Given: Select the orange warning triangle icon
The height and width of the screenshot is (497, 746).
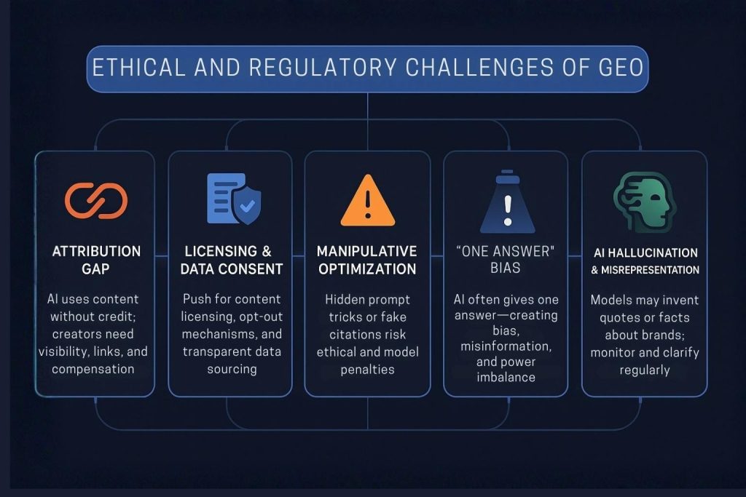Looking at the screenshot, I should pyautogui.click(x=367, y=200).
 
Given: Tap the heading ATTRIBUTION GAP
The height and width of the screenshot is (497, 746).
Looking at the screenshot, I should pyautogui.click(x=95, y=260).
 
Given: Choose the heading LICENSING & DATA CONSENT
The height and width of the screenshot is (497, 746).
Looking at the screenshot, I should pyautogui.click(x=229, y=260).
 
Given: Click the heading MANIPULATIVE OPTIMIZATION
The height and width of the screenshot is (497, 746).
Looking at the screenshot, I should pyautogui.click(x=367, y=260).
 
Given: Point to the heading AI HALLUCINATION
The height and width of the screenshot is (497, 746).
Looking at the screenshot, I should pyautogui.click(x=644, y=253).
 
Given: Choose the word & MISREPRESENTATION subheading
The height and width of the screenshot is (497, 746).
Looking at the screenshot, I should pyautogui.click(x=645, y=270).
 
